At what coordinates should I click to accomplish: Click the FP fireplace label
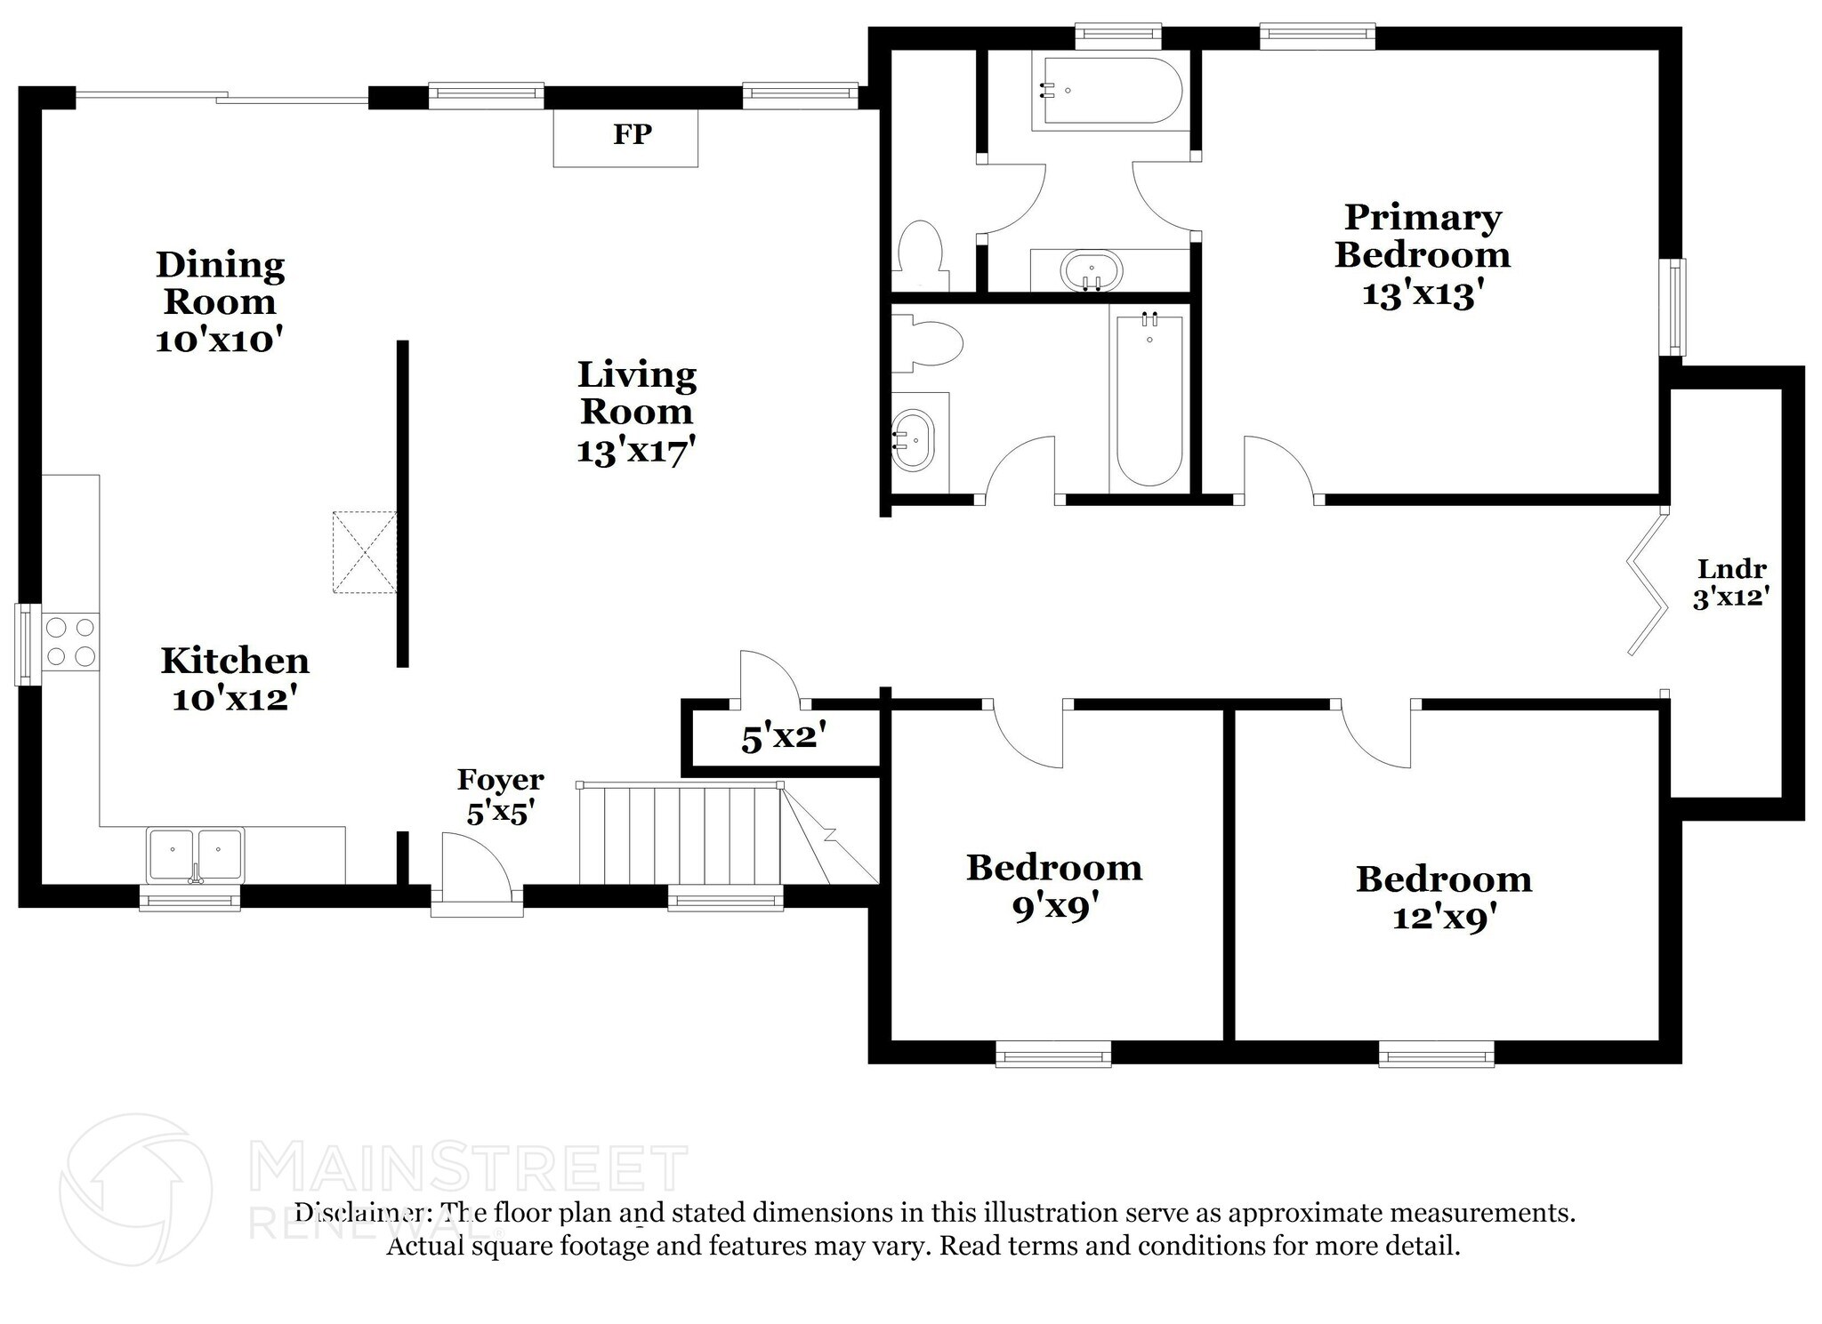pos(632,134)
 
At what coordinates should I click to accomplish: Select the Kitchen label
pos(235,661)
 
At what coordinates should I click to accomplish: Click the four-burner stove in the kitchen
pos(70,642)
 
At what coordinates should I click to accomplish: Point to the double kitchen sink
pos(195,855)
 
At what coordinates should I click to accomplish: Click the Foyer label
pos(500,780)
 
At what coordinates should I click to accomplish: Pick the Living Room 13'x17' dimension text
pos(635,452)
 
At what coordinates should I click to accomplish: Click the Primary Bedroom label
pos(1423,236)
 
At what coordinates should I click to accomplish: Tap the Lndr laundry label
pos(1731,568)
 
